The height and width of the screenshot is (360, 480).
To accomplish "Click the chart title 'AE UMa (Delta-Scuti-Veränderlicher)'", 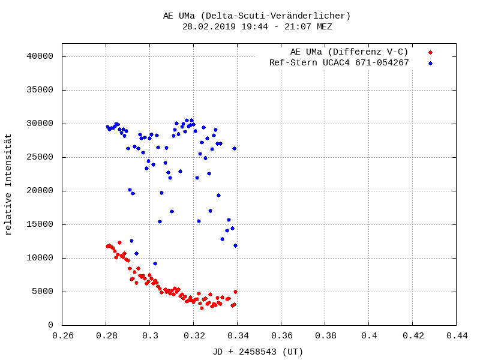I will [257, 16].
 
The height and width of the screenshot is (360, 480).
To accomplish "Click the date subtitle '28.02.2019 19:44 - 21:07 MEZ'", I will [257, 26].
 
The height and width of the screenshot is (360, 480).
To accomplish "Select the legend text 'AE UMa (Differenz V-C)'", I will [349, 52].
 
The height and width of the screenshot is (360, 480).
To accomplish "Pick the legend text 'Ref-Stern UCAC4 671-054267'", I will [339, 62].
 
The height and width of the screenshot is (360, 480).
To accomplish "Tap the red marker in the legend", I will [430, 52].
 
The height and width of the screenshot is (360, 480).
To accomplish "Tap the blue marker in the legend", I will [430, 63].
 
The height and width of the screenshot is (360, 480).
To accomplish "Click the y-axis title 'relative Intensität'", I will [8, 184].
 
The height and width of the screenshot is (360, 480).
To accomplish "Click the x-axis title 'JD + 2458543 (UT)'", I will [258, 352].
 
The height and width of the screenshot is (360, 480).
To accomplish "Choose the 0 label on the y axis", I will [51, 325].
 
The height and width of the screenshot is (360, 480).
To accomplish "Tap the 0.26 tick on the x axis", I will [62, 336].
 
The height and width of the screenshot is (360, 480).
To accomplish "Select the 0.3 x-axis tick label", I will [150, 336].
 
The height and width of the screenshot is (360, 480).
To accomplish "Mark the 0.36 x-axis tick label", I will [281, 336].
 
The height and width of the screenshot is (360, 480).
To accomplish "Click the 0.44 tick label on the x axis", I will [457, 336].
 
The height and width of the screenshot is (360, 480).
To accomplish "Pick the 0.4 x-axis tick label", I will [369, 336].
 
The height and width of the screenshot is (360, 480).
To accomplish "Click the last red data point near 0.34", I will [235, 292].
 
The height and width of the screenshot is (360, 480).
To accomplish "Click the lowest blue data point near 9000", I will [155, 263].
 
